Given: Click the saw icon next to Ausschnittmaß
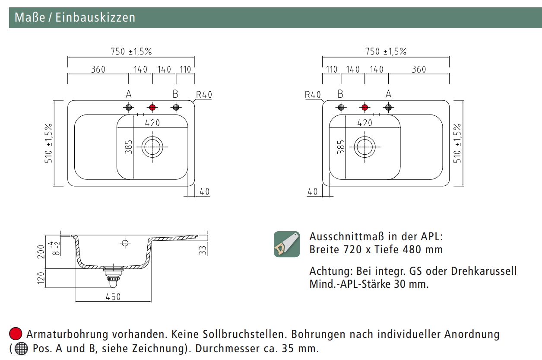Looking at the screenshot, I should tap(287, 244).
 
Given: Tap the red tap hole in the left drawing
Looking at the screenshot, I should tap(152, 107).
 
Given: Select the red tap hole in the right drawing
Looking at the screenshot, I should tap(365, 107).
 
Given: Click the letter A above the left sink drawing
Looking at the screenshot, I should tap(128, 94).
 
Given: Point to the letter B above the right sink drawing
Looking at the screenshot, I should tap(340, 94).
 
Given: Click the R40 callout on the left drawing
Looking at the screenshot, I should tap(204, 95).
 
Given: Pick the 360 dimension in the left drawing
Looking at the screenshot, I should tap(98, 69).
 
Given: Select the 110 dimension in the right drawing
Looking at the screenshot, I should tap(332, 69).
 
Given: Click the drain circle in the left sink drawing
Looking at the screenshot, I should tap(152, 147).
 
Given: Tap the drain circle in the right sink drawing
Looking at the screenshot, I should tap(365, 147).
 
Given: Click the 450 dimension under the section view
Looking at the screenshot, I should tap(113, 296).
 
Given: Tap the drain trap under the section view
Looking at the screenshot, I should tap(113, 277).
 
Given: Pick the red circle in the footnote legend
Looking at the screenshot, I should tap(16, 334).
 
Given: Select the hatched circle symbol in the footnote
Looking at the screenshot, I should tap(21, 348).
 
